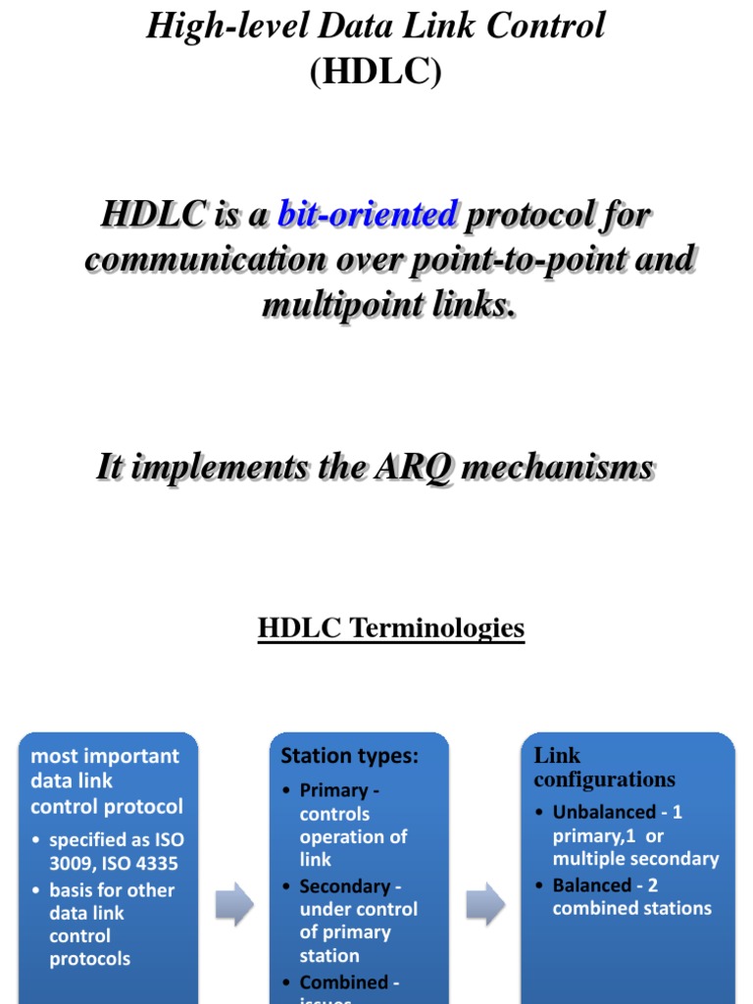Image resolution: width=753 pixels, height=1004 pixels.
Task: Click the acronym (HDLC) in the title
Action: [376, 73]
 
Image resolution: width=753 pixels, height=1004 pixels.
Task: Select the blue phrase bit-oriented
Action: [368, 214]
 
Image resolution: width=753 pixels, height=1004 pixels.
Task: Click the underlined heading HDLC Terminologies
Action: [391, 627]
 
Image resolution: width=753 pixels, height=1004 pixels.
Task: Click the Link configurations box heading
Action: [604, 768]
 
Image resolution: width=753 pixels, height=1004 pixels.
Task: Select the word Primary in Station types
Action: [333, 790]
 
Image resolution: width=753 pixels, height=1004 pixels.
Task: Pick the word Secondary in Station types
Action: [344, 886]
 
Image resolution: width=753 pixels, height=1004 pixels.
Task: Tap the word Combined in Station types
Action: [343, 982]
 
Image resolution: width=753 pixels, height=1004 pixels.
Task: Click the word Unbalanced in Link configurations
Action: [603, 812]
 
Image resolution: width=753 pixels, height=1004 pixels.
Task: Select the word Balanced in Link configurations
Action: [591, 885]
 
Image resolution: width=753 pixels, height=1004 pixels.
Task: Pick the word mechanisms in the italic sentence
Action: [557, 468]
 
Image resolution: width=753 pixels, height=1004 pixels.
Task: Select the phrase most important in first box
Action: [105, 756]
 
